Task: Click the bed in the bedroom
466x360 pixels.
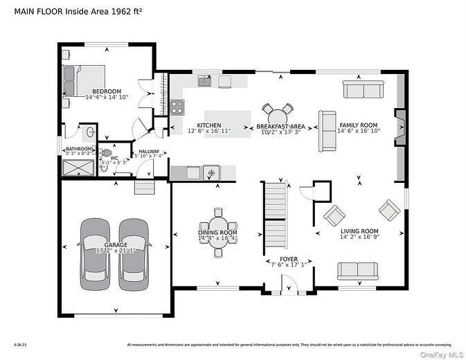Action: [84, 80]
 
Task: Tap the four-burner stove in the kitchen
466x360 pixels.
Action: [177, 107]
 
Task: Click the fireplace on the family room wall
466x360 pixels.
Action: [400, 127]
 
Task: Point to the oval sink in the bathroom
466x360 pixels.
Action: [91, 132]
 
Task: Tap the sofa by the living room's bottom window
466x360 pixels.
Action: [357, 271]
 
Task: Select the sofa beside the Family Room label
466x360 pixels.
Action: [326, 131]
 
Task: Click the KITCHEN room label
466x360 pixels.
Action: [209, 125]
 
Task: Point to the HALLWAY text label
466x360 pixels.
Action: [149, 151]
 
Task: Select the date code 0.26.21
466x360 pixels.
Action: [19, 344]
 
